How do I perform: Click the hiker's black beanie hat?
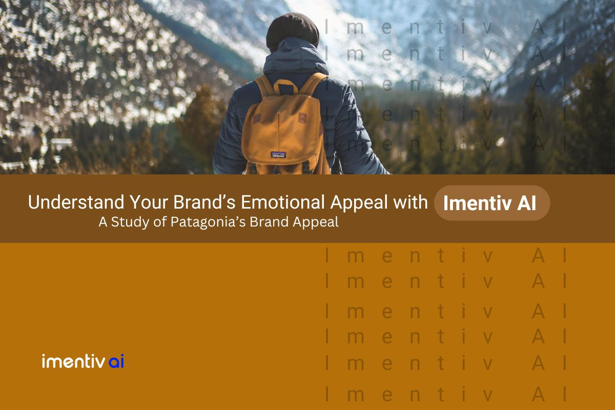[x=293, y=30]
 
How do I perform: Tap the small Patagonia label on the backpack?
[x=278, y=154]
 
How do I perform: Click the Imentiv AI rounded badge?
[x=491, y=203]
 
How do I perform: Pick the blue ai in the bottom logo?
[x=117, y=362]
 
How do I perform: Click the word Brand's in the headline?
[x=203, y=203]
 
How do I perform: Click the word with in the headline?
[x=408, y=203]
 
